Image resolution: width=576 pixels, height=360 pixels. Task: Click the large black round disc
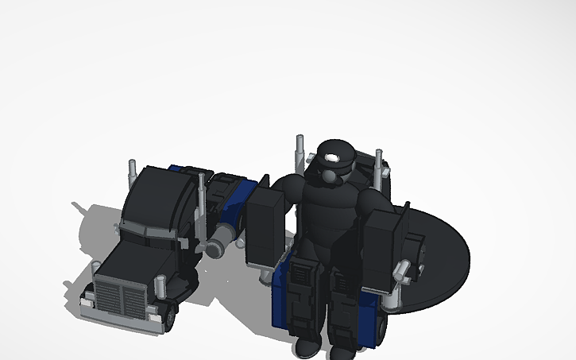pos(441,254)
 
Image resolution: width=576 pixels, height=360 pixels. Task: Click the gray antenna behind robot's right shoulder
pos(379,167)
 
